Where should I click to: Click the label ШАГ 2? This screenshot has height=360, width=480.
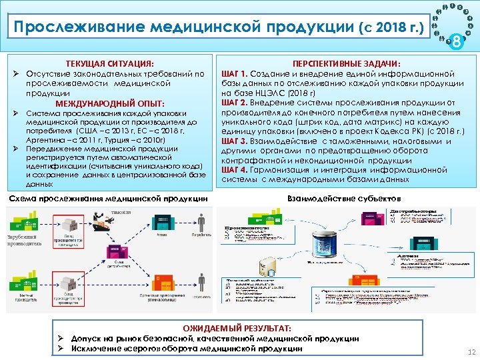point(234,103)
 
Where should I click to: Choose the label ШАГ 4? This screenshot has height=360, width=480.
point(234,170)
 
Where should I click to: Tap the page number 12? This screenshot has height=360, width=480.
point(471,351)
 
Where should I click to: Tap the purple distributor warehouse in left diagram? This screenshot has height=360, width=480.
point(114,251)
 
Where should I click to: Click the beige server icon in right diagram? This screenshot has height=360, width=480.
point(267,266)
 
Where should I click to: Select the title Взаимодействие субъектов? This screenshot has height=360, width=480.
point(343,199)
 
